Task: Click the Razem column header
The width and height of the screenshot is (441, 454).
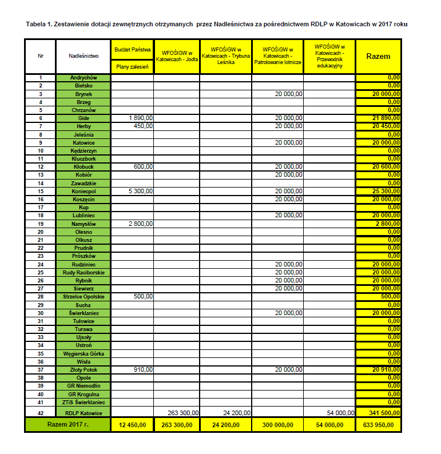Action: tap(378, 56)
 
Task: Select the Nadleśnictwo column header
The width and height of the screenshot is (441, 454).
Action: tap(84, 56)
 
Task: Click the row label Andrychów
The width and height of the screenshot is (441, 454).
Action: tap(84, 78)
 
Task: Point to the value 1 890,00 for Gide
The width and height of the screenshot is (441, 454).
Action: tap(141, 118)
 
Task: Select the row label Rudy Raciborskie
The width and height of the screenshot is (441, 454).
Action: tap(84, 272)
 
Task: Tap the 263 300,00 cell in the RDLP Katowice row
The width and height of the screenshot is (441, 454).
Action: tap(184, 412)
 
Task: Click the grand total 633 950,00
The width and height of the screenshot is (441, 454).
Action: tap(378, 425)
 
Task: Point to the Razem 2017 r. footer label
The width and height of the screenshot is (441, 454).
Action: tap(67, 425)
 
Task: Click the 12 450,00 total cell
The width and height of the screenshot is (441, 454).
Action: tap(132, 425)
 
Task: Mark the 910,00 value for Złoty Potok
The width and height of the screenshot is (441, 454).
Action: tap(143, 369)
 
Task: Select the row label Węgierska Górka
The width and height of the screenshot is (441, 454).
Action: tap(84, 353)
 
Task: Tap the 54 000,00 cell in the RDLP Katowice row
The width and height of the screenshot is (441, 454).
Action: tap(340, 412)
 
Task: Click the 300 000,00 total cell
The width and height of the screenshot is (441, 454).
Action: tap(277, 425)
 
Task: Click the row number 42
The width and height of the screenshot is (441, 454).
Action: tap(41, 412)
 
